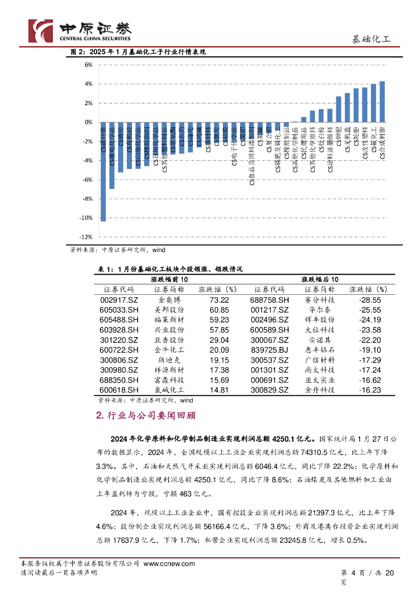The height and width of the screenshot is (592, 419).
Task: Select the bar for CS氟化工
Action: pyautogui.click(x=373, y=103)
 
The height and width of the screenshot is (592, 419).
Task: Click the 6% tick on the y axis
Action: pyautogui.click(x=89, y=65)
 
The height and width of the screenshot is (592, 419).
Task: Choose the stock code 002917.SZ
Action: pyautogui.click(x=119, y=301)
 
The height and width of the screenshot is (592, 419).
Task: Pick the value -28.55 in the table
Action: pyautogui.click(x=369, y=301)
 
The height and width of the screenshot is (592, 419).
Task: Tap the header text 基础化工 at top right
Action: pyautogui.click(x=372, y=39)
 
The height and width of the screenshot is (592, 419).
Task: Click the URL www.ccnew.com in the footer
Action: pyautogui.click(x=169, y=564)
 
